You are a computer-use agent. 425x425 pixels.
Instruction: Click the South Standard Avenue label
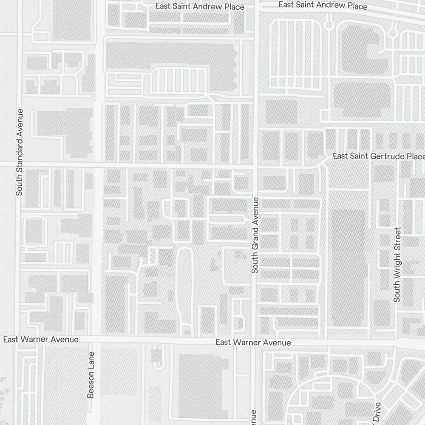click(x=19, y=152)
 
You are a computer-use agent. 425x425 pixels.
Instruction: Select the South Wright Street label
click(x=397, y=264)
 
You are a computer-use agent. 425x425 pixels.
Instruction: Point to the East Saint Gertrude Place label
click(x=378, y=156)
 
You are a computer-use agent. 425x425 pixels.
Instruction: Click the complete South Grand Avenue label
click(x=255, y=235)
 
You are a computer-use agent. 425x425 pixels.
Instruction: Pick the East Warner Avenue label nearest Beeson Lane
click(x=41, y=339)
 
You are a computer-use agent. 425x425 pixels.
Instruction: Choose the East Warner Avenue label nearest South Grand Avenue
click(x=253, y=343)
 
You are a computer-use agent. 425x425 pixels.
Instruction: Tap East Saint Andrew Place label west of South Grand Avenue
click(x=200, y=6)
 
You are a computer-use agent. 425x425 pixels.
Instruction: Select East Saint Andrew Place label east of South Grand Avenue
click(x=323, y=6)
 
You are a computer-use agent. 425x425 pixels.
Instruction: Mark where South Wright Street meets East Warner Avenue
click(x=397, y=340)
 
